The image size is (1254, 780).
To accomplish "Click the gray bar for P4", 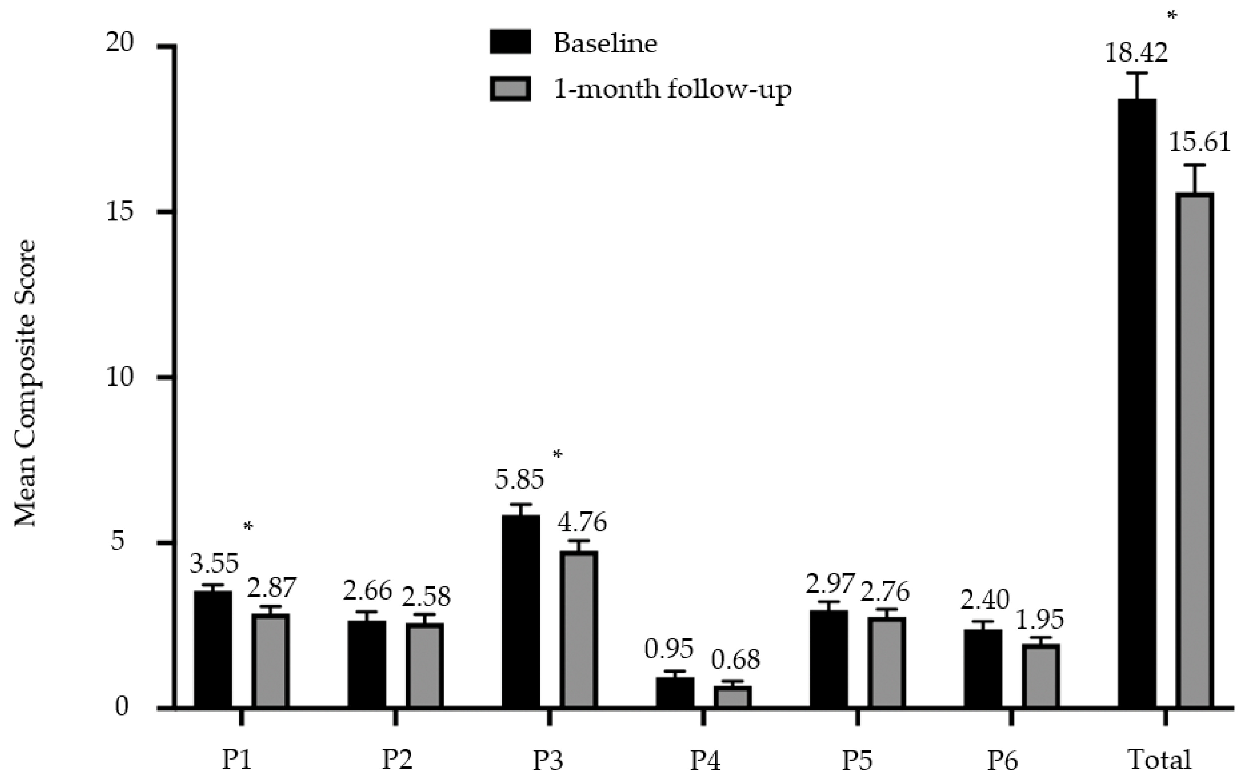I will (x=733, y=697).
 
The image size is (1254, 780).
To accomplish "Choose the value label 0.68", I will (x=735, y=660).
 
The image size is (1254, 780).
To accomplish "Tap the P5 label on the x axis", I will (x=858, y=760).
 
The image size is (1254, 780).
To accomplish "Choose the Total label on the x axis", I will (x=1160, y=760).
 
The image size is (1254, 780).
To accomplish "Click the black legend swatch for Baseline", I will (x=510, y=42).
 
